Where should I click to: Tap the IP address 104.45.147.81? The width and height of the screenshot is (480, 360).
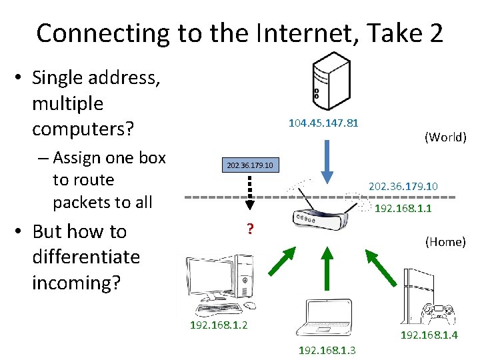tap(323, 123)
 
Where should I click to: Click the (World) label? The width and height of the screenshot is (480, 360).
tap(445, 137)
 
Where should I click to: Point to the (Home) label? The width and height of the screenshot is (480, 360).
tap(445, 242)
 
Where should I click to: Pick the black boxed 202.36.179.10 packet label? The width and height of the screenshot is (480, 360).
tap(250, 165)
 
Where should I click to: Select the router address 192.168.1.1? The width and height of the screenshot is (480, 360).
tap(403, 209)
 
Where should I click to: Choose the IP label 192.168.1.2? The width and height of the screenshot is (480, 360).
tap(219, 325)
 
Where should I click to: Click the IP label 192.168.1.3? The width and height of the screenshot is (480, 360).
tap(327, 350)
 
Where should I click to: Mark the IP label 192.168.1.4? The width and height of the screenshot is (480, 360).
tap(429, 335)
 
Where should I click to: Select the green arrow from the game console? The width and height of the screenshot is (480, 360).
tap(380, 263)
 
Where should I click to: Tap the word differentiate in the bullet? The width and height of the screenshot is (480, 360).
tap(86, 257)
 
